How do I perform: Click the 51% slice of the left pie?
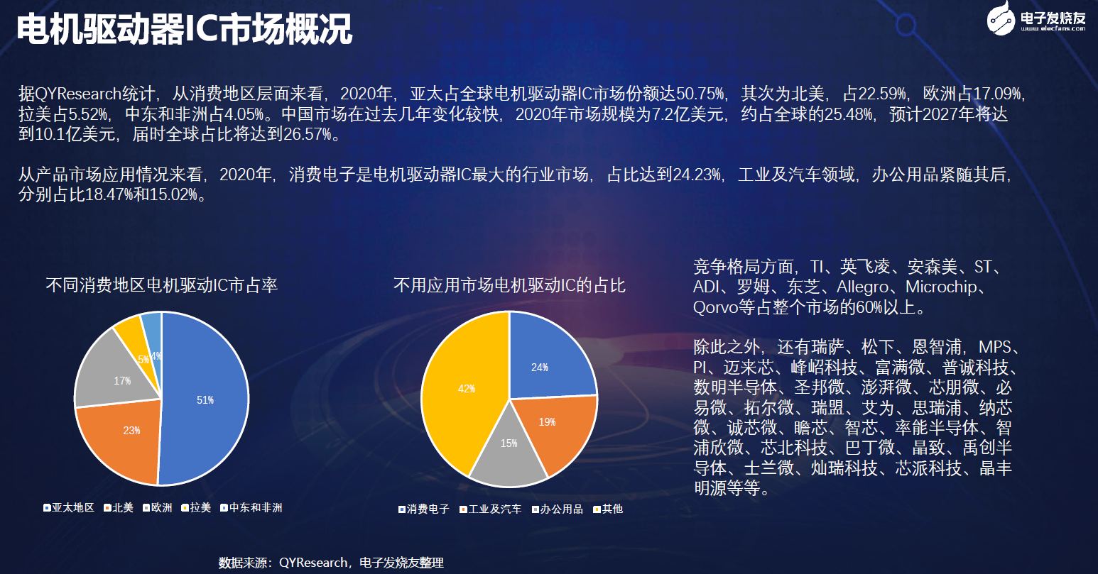(x=206, y=399)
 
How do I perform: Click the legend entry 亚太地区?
(x=69, y=508)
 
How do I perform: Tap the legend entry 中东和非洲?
(x=251, y=508)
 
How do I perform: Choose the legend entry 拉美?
(x=196, y=508)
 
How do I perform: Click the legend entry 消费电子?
(x=423, y=509)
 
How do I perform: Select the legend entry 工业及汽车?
(x=490, y=509)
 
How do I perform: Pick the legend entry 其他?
(x=608, y=509)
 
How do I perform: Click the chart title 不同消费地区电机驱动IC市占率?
(x=162, y=285)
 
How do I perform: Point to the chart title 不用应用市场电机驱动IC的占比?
(x=509, y=285)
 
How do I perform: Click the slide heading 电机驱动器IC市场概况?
(x=185, y=29)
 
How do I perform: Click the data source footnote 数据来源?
(x=331, y=563)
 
